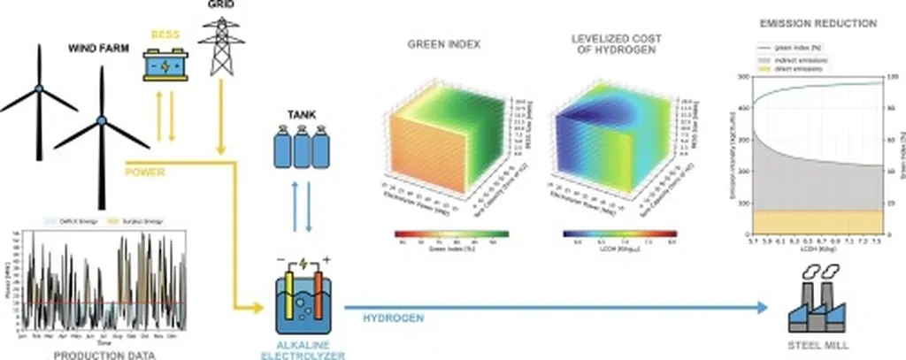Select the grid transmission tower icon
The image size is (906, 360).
point(220,49)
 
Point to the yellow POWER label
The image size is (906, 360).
point(145,172)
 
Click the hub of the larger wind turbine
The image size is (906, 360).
point(102,119)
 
